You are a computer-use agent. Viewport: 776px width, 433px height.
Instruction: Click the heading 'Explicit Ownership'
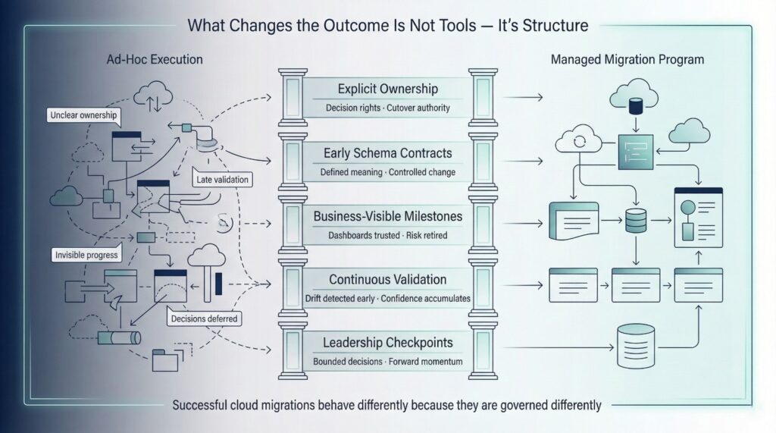point(387,87)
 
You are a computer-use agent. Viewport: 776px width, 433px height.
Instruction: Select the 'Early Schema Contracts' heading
point(387,152)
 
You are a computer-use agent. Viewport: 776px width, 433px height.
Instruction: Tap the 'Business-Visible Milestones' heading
point(387,216)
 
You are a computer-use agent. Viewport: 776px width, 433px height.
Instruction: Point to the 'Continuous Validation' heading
point(388,280)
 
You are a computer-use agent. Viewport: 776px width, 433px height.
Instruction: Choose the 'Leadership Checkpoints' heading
point(387,344)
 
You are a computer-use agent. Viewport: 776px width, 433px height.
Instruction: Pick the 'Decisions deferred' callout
point(203,318)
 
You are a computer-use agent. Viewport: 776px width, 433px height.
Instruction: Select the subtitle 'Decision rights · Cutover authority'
point(387,108)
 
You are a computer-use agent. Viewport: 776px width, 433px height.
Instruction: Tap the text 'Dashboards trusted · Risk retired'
point(387,236)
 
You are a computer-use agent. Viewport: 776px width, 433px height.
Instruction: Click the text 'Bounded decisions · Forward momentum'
point(387,362)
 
